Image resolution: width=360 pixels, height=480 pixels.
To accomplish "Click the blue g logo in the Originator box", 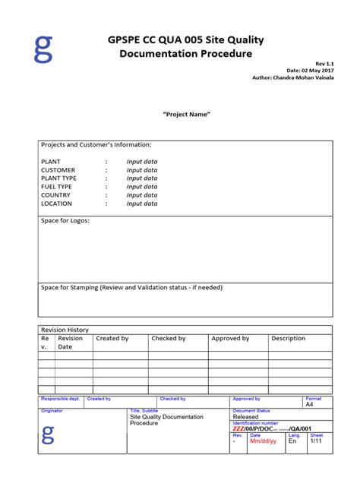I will click(48, 435).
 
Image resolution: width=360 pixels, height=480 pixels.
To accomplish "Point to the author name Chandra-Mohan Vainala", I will click(304, 78).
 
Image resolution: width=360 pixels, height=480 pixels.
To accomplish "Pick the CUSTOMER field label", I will click(58, 170).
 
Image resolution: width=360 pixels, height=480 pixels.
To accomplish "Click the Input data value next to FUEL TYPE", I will click(142, 187).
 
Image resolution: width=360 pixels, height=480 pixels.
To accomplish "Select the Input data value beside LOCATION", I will click(142, 204).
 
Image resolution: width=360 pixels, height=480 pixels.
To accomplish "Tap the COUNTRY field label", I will click(55, 195).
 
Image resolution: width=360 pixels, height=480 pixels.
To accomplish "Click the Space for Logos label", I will click(65, 221).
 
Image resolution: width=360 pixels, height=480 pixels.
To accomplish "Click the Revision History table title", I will click(65, 330).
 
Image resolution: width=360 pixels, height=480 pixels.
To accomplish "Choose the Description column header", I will click(288, 338).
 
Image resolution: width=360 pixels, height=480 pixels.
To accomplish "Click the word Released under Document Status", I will click(245, 417).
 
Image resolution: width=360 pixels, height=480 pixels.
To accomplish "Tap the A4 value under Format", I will click(309, 405).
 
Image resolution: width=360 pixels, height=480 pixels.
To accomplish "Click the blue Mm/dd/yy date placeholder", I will click(264, 441).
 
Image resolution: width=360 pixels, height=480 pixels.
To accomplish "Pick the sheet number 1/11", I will click(315, 441).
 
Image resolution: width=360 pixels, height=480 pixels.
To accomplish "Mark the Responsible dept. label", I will click(60, 399).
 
